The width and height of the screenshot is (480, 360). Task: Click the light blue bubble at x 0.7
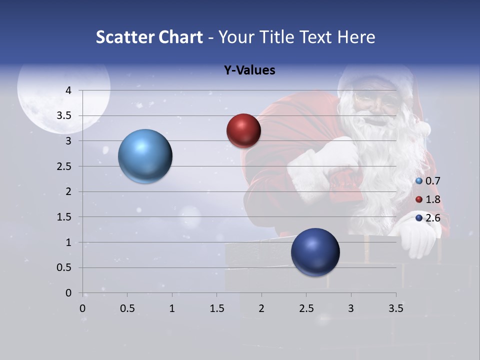(x=145, y=156)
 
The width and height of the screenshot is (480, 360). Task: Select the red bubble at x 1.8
(x=243, y=130)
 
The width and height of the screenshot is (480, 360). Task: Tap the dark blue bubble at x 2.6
(x=315, y=252)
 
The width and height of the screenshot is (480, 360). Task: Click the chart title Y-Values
(x=249, y=70)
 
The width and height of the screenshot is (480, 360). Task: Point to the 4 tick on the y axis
(x=68, y=90)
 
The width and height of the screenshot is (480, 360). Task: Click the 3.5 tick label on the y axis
(x=64, y=116)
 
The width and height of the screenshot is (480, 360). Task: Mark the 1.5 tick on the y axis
(x=64, y=217)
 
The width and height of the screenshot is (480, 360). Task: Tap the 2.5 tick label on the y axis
(x=64, y=166)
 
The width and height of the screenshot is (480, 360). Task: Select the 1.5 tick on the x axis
(x=216, y=308)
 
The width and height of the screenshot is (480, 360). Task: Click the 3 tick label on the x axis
(x=351, y=308)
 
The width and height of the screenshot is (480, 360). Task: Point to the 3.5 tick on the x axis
(x=395, y=308)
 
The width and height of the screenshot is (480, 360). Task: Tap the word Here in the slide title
(x=356, y=37)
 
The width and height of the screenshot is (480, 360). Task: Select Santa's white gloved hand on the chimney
(x=418, y=237)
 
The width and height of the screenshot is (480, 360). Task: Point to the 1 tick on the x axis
(x=172, y=308)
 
